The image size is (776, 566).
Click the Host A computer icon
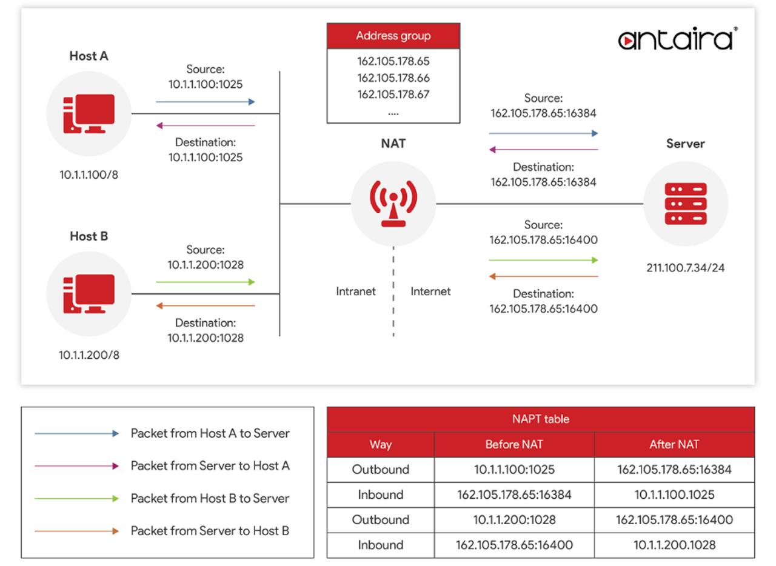89,113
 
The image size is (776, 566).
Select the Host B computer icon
89,293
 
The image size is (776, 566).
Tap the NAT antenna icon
393,204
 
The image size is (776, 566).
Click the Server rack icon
685,204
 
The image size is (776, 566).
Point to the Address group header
393,36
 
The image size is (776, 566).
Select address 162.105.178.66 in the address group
393,78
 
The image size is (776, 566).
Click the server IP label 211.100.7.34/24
686,267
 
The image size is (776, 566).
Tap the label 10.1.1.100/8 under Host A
89,175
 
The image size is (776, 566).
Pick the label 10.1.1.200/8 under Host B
89,355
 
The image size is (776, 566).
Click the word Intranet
356,291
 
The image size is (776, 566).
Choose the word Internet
430,291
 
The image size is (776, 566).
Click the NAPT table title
541,419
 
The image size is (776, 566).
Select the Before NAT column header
514,444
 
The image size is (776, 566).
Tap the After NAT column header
674,444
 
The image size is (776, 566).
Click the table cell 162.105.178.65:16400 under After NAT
674,519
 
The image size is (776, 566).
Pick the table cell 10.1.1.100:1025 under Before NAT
514,470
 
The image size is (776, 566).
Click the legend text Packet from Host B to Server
210,499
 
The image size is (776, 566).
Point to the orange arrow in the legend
77,531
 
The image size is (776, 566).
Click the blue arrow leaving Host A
206,102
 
